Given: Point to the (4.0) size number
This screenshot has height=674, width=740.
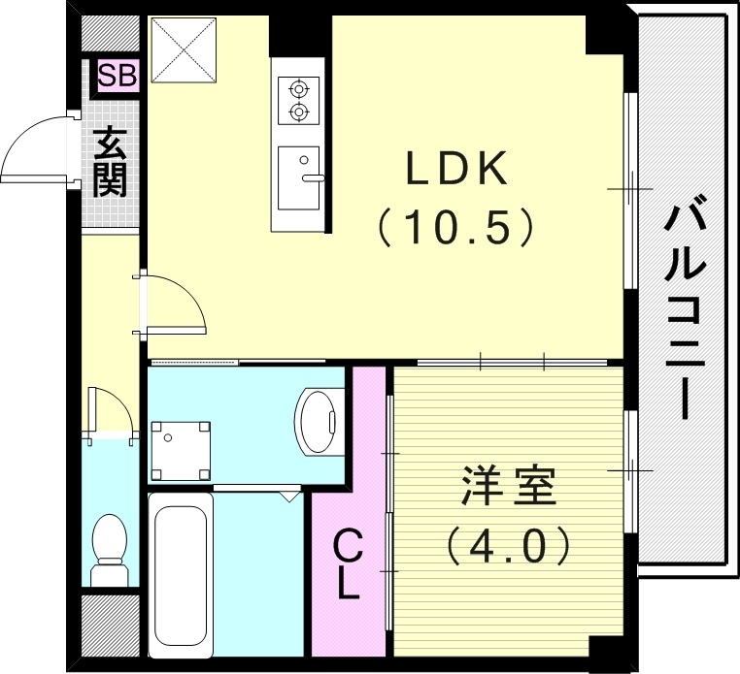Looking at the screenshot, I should [x=509, y=548].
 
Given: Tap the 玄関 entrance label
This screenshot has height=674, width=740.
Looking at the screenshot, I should [x=112, y=162].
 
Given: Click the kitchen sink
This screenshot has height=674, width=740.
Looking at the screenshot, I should [x=299, y=177].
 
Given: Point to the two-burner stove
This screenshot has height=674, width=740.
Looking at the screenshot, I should [x=299, y=100].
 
